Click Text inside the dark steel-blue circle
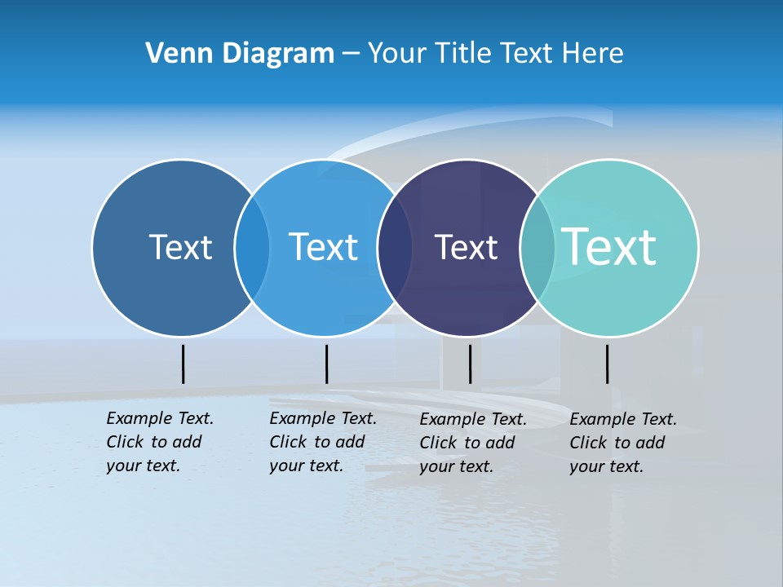[180, 247]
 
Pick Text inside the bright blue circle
[323, 247]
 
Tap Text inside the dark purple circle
[466, 247]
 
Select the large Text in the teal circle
[609, 246]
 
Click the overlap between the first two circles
[252, 248]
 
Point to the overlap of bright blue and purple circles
[395, 248]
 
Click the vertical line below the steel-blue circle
[183, 364]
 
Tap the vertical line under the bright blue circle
[326, 364]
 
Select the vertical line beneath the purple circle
[470, 364]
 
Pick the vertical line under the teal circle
[607, 364]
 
